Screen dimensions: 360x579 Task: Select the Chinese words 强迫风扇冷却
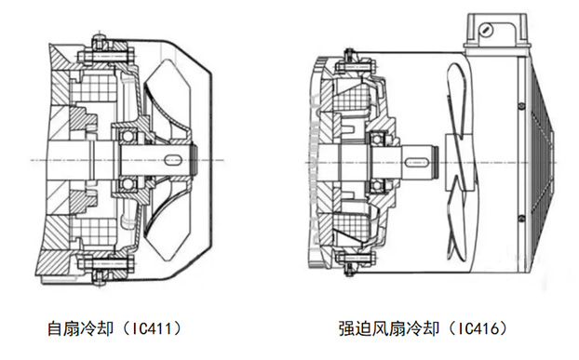(x=383, y=328)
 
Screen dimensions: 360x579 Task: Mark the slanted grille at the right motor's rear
(x=549, y=158)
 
